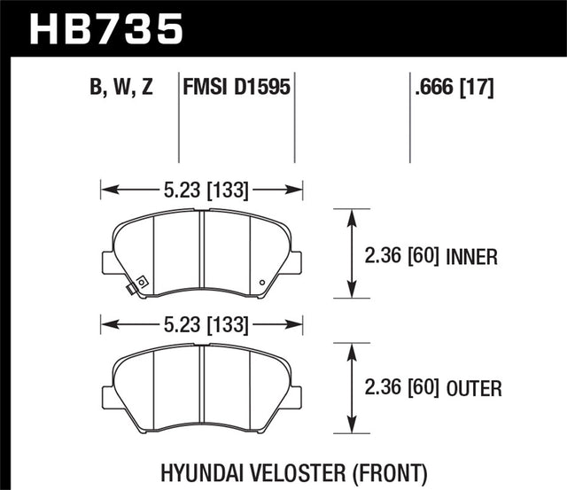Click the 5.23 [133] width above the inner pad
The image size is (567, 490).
(x=202, y=188)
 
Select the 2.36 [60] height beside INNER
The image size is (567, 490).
(x=403, y=257)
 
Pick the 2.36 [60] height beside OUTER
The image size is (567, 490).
(x=403, y=387)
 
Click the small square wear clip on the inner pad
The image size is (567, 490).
(x=131, y=288)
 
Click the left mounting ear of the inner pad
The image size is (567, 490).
(x=108, y=263)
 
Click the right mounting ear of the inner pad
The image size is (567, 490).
(x=296, y=263)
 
